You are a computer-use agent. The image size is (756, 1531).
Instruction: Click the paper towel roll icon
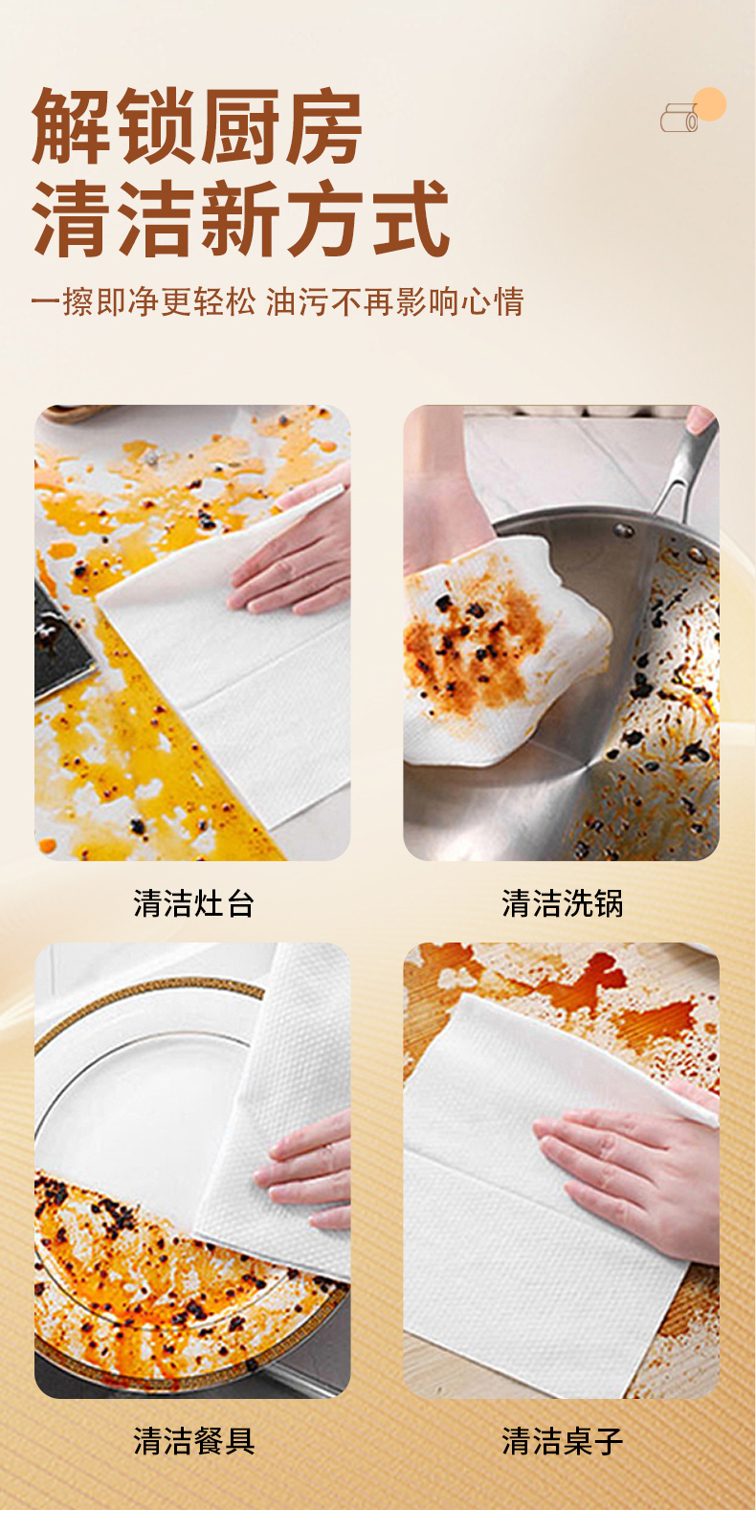click(x=678, y=118)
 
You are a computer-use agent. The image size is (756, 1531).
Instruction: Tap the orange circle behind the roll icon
click(x=709, y=104)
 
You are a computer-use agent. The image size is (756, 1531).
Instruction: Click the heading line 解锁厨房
click(x=197, y=126)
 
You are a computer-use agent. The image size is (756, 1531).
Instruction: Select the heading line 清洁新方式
click(x=240, y=219)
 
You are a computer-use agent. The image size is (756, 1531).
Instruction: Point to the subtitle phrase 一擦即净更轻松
click(x=144, y=301)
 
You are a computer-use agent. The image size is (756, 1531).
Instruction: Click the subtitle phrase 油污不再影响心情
click(x=395, y=301)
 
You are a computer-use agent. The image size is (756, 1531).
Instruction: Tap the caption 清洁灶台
click(x=193, y=903)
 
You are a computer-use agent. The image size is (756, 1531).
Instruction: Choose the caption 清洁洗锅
click(x=562, y=903)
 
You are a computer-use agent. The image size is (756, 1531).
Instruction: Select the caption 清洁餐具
click(x=193, y=1441)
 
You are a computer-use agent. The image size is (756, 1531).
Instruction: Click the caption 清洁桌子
click(x=562, y=1441)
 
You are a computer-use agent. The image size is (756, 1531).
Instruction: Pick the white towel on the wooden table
click(x=540, y=1203)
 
